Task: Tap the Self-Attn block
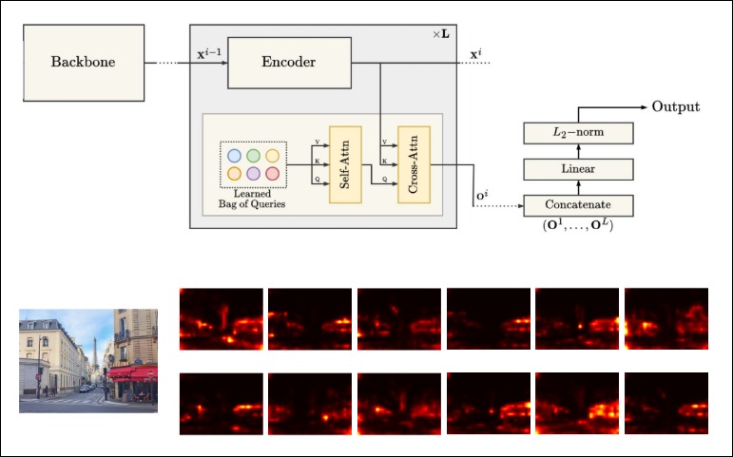(x=345, y=164)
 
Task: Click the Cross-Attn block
(x=415, y=164)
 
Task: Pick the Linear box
(x=578, y=169)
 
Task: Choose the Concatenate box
(x=578, y=205)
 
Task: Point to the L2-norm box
(x=578, y=132)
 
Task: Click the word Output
(x=675, y=106)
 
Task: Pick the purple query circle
(x=253, y=174)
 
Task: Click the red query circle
(x=272, y=174)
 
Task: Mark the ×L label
(x=442, y=34)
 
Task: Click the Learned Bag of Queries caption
(x=252, y=198)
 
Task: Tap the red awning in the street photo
(x=131, y=372)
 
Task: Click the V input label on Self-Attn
(x=317, y=143)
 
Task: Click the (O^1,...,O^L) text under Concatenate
(x=577, y=226)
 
